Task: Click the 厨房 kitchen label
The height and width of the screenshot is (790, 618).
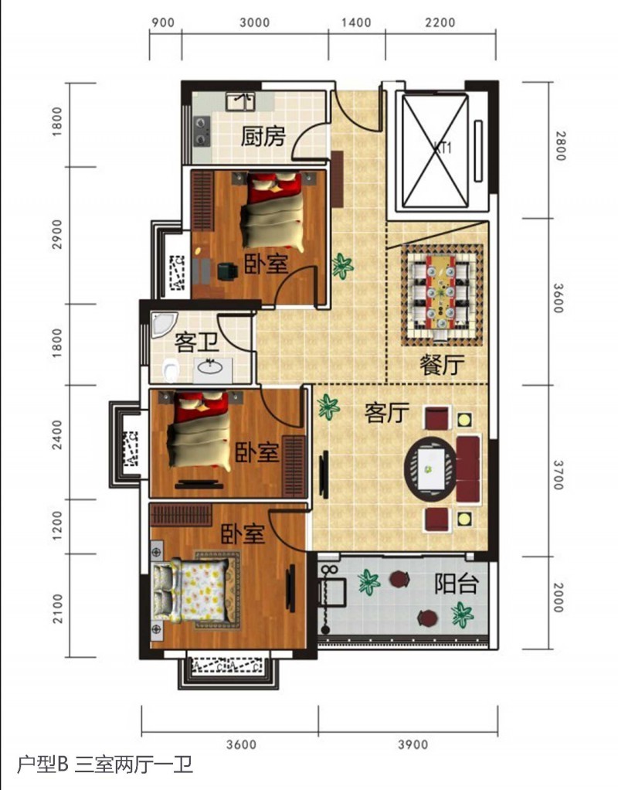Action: tap(263, 138)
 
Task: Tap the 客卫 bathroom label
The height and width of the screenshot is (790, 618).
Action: tap(195, 341)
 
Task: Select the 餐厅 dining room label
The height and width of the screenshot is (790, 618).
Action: tap(443, 365)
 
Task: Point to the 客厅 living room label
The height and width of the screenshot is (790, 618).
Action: tap(385, 414)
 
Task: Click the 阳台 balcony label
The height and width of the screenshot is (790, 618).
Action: tap(455, 584)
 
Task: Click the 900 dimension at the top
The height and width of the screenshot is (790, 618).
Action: tap(163, 22)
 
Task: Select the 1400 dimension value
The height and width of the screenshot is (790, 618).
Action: tap(355, 22)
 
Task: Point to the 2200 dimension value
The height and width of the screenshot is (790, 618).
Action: tap(440, 22)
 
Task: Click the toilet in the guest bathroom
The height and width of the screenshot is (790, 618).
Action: tap(171, 371)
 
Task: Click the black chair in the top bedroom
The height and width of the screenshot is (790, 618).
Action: tap(226, 270)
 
